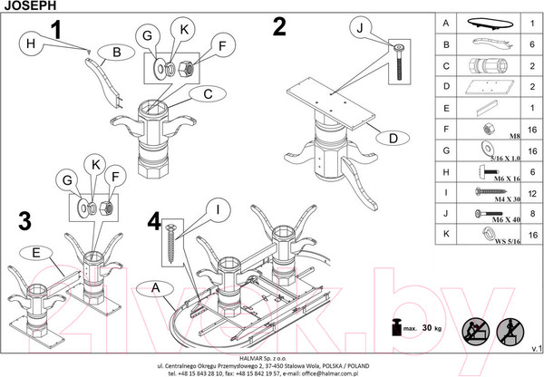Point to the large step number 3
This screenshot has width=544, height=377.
click(25, 220)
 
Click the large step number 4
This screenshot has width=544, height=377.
click(154, 220)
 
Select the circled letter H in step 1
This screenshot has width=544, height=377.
click(30, 42)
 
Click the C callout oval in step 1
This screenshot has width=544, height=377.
click(208, 93)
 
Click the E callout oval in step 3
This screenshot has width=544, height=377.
click(35, 253)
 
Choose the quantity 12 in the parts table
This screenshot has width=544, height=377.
click(532, 191)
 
